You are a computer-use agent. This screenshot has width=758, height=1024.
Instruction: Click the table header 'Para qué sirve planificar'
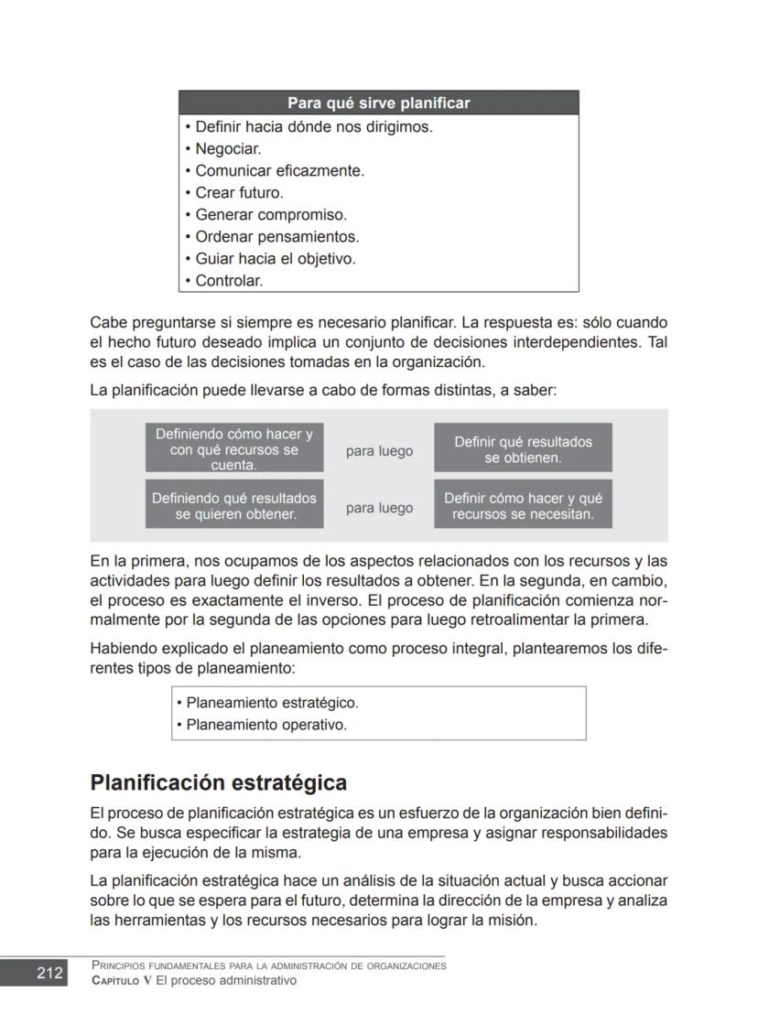[x=378, y=102]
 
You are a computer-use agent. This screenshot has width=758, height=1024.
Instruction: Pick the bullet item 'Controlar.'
[x=228, y=281]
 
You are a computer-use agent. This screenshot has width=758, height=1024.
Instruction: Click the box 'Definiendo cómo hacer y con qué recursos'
[x=233, y=449]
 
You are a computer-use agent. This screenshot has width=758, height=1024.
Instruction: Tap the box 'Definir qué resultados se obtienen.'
[x=523, y=449]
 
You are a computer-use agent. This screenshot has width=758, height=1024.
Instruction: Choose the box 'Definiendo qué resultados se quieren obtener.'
[x=233, y=506]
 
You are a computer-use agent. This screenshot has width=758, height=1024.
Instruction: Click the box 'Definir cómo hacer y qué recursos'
[x=523, y=506]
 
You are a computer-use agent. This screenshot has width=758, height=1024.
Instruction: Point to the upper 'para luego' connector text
[x=379, y=451]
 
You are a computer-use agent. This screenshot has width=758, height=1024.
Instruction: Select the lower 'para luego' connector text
[x=379, y=508]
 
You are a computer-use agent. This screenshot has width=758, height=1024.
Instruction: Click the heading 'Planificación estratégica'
[x=218, y=783]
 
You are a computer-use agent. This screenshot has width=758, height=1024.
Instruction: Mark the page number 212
[x=49, y=973]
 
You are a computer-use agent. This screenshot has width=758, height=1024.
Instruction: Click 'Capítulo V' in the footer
[x=121, y=981]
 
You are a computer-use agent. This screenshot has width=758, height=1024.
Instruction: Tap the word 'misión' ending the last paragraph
[x=514, y=921]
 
